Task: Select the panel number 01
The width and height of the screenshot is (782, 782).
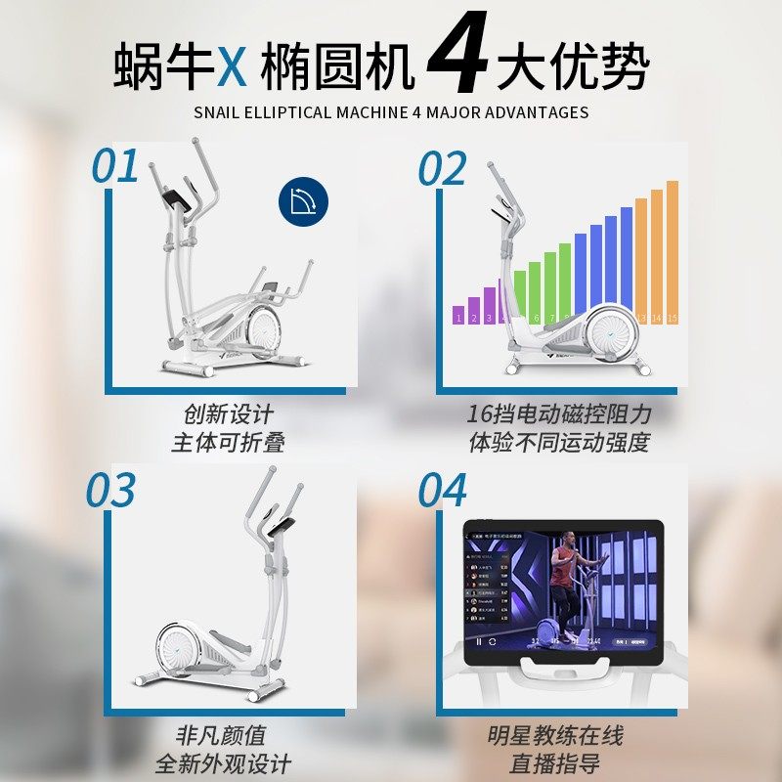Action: pyautogui.click(x=116, y=167)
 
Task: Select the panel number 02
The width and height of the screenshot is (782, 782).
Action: pyautogui.click(x=442, y=169)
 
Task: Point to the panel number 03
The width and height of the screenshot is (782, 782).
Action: pyautogui.click(x=109, y=490)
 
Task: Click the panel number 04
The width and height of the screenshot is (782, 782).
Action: pyautogui.click(x=443, y=491)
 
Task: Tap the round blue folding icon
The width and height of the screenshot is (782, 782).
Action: pyautogui.click(x=303, y=202)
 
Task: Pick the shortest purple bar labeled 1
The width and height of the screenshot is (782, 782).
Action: pyautogui.click(x=457, y=315)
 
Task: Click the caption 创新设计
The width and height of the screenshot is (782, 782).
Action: pyautogui.click(x=228, y=413)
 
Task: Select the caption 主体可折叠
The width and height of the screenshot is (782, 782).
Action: pyautogui.click(x=228, y=442)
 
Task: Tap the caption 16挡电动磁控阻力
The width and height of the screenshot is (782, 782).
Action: pyautogui.click(x=559, y=413)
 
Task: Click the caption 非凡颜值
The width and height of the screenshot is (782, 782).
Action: pyautogui.click(x=221, y=735)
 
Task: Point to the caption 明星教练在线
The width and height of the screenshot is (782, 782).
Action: pyautogui.click(x=555, y=735)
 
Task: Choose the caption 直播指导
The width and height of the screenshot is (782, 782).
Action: pyautogui.click(x=555, y=763)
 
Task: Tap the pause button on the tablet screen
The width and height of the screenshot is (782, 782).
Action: pyautogui.click(x=479, y=642)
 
